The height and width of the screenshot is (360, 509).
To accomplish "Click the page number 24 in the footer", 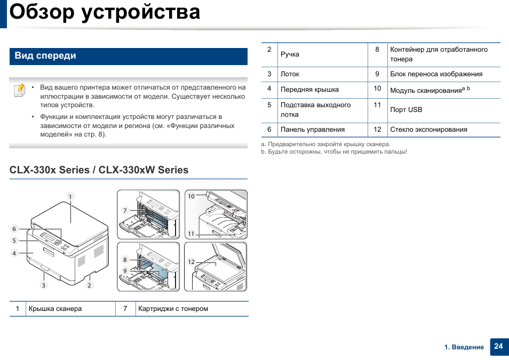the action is pyautogui.click(x=498, y=346).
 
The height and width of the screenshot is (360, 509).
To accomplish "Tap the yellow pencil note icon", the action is pyautogui.click(x=20, y=90).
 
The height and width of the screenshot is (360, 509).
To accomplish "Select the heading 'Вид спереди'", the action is pyautogui.click(x=45, y=55).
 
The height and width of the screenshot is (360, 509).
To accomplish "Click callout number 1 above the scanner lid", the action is pyautogui.click(x=70, y=196).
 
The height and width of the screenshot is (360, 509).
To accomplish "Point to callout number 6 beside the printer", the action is pyautogui.click(x=14, y=229).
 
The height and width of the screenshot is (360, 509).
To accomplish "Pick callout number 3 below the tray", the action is pyautogui.click(x=44, y=285).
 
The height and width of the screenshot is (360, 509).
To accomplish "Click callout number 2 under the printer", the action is pyautogui.click(x=89, y=285).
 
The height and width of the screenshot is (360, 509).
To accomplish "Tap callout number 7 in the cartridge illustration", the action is pyautogui.click(x=125, y=210).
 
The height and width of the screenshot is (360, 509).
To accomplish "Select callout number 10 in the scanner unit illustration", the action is pyautogui.click(x=191, y=196).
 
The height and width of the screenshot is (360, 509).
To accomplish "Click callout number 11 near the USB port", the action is pyautogui.click(x=191, y=234).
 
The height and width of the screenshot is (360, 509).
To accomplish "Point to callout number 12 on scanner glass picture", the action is pyautogui.click(x=191, y=262).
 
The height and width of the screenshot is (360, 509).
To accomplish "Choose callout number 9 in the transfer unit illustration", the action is pyautogui.click(x=125, y=271).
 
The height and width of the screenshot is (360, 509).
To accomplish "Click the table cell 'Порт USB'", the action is pyautogui.click(x=406, y=110).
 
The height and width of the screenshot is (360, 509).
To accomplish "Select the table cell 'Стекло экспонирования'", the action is pyautogui.click(x=428, y=130).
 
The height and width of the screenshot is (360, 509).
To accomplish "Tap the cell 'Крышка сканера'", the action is pyautogui.click(x=55, y=309).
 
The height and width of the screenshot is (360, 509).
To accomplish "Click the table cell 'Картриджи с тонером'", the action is pyautogui.click(x=173, y=309).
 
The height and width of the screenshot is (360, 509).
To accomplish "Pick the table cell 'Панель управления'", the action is pyautogui.click(x=313, y=130).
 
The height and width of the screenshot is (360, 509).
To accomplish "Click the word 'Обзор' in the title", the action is pyautogui.click(x=42, y=12).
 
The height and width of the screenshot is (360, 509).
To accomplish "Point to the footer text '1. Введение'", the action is pyautogui.click(x=464, y=347).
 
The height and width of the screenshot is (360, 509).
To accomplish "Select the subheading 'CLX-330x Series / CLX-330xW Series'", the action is pyautogui.click(x=99, y=170).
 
